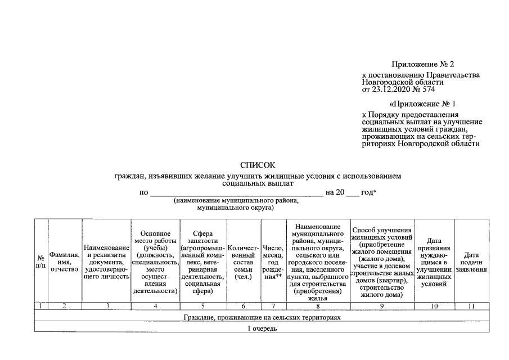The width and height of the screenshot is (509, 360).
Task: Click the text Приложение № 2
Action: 422,65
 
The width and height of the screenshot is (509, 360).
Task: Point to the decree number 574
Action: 428,89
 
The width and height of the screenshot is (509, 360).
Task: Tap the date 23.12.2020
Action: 391,89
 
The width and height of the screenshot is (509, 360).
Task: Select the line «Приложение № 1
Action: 422,104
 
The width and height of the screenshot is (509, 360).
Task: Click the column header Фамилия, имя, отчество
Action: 65,262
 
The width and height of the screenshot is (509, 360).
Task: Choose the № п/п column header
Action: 40,262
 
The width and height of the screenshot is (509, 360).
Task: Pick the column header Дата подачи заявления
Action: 471,262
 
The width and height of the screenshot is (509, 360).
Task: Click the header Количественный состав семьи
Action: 243,262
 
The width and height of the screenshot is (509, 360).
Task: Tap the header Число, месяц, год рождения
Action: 273,262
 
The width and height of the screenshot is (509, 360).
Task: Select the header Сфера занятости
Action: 202,262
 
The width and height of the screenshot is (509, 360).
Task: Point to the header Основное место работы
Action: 155,262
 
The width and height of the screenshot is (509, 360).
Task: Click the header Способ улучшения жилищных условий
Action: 382,262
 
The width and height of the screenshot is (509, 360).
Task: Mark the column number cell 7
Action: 273,306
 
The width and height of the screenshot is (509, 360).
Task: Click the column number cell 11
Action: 471,306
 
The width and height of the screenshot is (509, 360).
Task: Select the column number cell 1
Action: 40,306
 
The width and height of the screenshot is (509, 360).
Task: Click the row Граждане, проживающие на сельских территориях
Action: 262,318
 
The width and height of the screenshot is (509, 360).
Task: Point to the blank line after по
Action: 236,192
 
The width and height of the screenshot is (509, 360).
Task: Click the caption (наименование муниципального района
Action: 236,201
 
